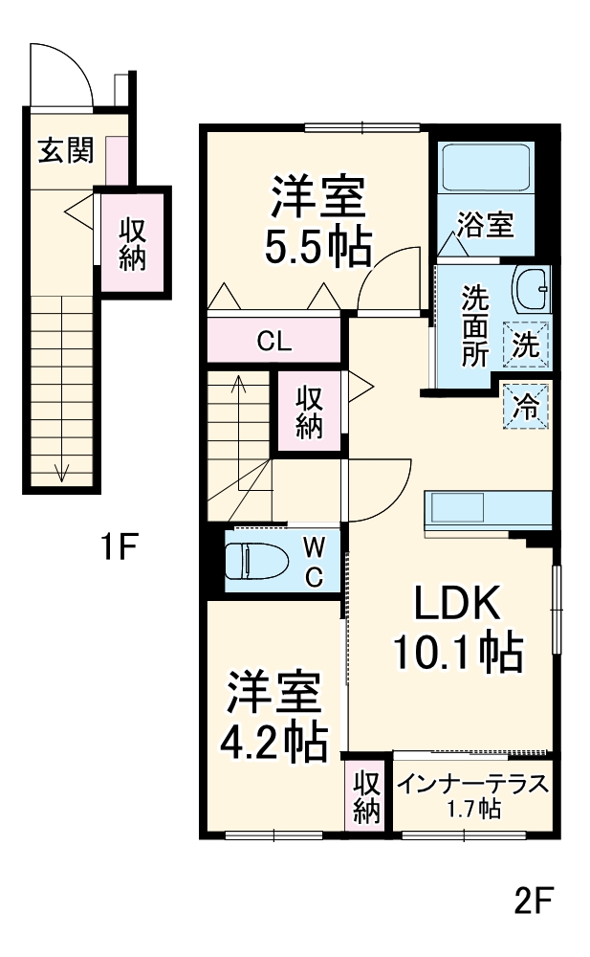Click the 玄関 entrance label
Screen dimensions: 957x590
point(65,151)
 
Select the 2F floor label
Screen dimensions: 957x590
point(535,900)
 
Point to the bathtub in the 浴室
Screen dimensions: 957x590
point(484,169)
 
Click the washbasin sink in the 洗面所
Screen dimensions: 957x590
point(531,286)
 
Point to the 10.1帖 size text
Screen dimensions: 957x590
point(457,654)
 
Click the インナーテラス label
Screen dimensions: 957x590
point(474,784)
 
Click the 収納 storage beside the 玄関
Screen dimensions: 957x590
point(132,244)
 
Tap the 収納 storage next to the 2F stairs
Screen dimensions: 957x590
point(308,412)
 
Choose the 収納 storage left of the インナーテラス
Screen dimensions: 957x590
point(366,797)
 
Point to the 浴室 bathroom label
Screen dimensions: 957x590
point(485,226)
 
